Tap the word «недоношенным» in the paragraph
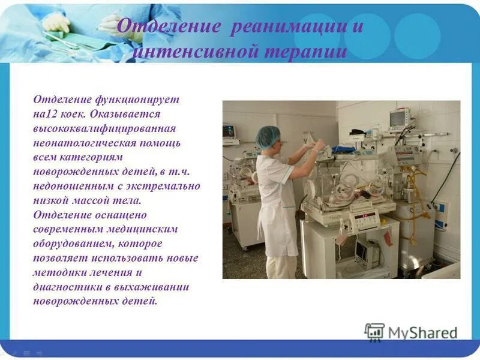pyautogui.click(x=68, y=186)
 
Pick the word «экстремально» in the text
pyautogui.click(x=164, y=186)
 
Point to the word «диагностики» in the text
pyautogui.click(x=62, y=287)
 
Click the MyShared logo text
pyautogui.click(x=422, y=332)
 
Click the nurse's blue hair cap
pyautogui.click(x=268, y=137)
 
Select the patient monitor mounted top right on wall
pyautogui.click(x=399, y=118)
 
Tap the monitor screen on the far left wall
pyautogui.click(x=229, y=131)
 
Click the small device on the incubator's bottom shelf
pyautogui.click(x=365, y=253)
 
